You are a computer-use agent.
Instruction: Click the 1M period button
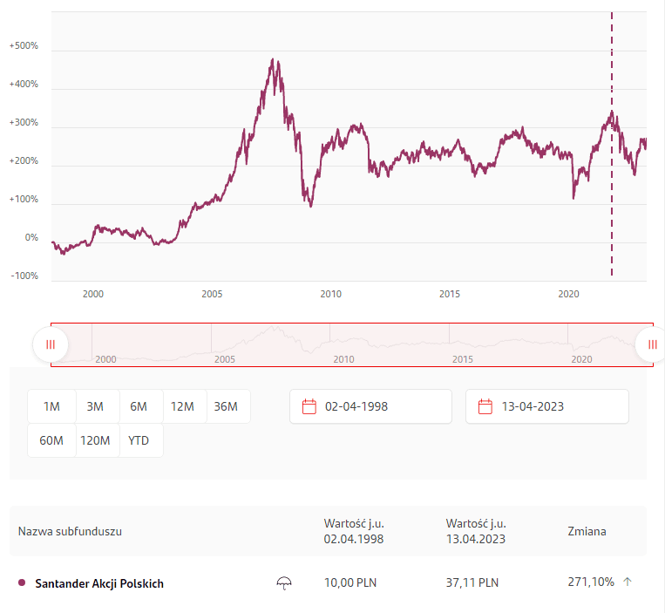point(51,406)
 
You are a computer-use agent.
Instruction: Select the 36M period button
point(226,406)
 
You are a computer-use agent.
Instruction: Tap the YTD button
point(139,440)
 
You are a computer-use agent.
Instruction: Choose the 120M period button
point(95,440)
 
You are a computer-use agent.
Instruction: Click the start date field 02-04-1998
point(370,406)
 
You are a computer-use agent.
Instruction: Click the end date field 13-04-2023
point(546,406)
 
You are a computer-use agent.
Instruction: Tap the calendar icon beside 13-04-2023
point(485,406)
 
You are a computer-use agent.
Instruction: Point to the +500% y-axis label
point(24,45)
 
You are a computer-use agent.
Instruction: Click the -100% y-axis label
point(24,276)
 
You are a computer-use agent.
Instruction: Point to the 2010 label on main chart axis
point(330,295)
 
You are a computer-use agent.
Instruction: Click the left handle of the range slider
point(51,344)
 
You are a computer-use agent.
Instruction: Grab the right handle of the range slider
point(652,344)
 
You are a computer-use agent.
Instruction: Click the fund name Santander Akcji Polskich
point(98,583)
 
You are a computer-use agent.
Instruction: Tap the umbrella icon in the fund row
point(283,582)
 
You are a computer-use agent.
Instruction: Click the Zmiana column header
point(587,531)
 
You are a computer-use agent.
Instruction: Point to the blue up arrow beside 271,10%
point(627,582)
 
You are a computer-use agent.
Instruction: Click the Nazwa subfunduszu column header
point(70,531)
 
